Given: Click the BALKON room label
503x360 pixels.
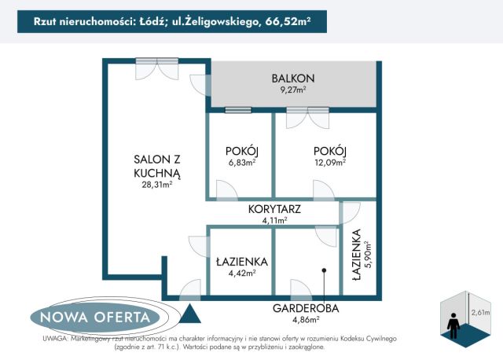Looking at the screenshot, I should click(x=293, y=78).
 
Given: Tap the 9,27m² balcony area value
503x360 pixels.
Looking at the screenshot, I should click(x=293, y=90).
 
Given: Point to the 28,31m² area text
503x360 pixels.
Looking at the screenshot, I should click(x=156, y=185).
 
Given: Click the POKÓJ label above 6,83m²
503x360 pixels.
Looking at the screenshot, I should click(x=241, y=151).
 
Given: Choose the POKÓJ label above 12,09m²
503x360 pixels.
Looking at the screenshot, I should click(x=329, y=151).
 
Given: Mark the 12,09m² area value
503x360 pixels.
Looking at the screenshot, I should click(x=329, y=163).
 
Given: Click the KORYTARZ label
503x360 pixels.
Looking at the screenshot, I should click(x=274, y=210).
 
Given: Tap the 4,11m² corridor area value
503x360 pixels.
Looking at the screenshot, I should click(x=274, y=221).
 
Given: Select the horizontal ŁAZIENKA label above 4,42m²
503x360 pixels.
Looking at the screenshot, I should click(x=241, y=262).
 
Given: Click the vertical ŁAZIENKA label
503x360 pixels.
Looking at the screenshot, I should click(x=357, y=255).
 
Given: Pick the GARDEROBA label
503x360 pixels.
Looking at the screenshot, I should click(x=306, y=308).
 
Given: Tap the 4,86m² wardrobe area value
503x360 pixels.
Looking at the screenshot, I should click(x=306, y=319).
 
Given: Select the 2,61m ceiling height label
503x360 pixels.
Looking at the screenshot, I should click(x=479, y=312).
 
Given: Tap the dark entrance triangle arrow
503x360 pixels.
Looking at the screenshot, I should click(x=189, y=314).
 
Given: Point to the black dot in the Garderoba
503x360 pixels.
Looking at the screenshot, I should click(x=324, y=270).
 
